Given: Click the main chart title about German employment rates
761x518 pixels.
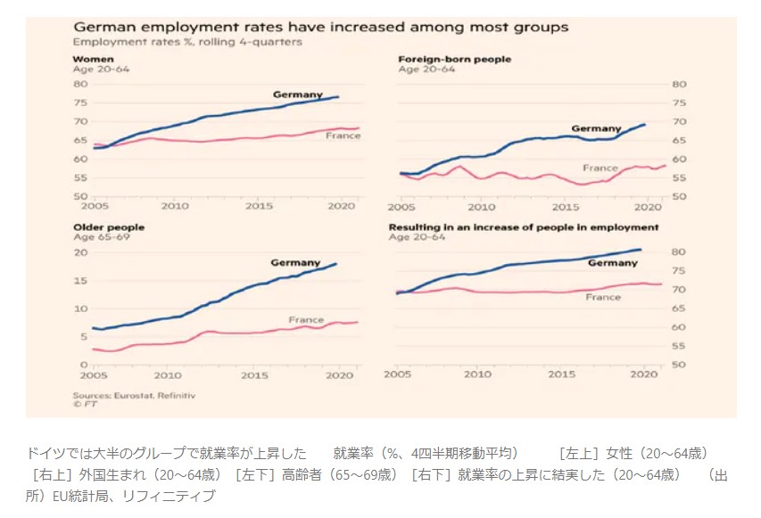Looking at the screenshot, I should pyautogui.click(x=320, y=28).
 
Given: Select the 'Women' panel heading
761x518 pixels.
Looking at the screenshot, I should pyautogui.click(x=89, y=59).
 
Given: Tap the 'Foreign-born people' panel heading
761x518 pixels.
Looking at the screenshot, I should pyautogui.click(x=454, y=59).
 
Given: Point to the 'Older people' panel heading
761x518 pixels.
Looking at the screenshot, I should pyautogui.click(x=108, y=227).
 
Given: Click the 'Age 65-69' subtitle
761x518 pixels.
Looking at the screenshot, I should pyautogui.click(x=97, y=237).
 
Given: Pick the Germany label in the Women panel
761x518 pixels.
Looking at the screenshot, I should pyautogui.click(x=296, y=94).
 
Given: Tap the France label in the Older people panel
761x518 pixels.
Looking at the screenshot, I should pyautogui.click(x=306, y=319).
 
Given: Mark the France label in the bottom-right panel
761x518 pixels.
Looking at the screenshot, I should pyautogui.click(x=603, y=297).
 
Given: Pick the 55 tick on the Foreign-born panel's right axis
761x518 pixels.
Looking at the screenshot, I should pyautogui.click(x=678, y=178).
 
